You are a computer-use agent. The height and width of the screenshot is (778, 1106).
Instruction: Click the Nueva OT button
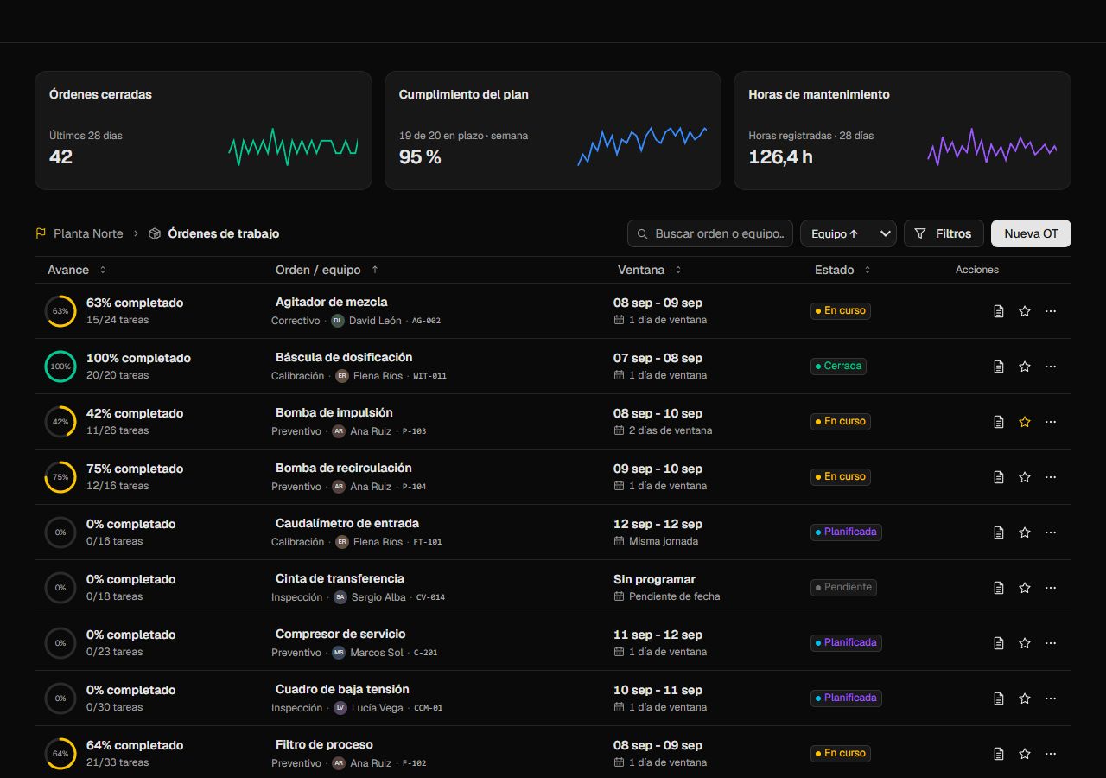tap(1031, 233)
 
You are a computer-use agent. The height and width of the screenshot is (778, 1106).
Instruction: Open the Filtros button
tap(944, 233)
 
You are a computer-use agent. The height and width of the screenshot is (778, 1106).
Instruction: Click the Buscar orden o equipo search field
tap(710, 233)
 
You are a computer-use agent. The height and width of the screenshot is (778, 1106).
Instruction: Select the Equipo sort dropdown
tap(849, 233)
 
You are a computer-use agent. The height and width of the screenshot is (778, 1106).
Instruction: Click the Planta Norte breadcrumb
tap(88, 233)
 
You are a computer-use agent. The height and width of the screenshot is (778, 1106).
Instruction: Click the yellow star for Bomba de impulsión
tap(1025, 421)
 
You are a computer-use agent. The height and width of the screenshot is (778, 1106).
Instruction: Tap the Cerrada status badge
tap(838, 366)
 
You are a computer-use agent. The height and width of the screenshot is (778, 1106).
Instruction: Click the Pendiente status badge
tap(843, 587)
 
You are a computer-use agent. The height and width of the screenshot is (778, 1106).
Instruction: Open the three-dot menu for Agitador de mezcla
tap(1051, 310)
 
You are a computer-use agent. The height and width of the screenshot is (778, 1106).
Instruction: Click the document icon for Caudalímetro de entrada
tap(998, 532)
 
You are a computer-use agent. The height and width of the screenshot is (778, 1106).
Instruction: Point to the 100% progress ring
tap(60, 351)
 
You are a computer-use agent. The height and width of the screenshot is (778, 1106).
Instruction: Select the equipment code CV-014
tap(430, 597)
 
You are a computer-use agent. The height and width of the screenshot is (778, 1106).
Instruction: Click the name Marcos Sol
tap(377, 653)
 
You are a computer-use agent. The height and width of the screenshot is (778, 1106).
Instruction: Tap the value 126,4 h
tap(780, 157)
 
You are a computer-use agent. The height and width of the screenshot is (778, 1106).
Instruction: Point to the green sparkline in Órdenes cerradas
tap(293, 147)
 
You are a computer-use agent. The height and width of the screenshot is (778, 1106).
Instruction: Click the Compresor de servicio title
tap(340, 634)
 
